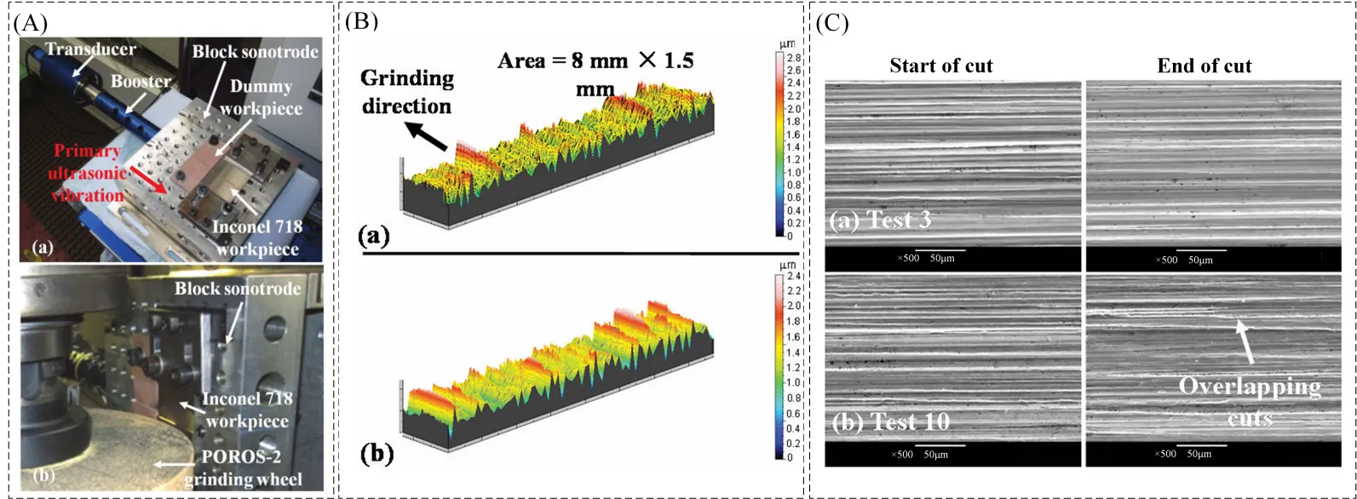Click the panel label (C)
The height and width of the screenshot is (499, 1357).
831,23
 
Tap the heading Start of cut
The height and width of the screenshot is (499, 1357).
941,66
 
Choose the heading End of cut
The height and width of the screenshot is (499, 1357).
1205,66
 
